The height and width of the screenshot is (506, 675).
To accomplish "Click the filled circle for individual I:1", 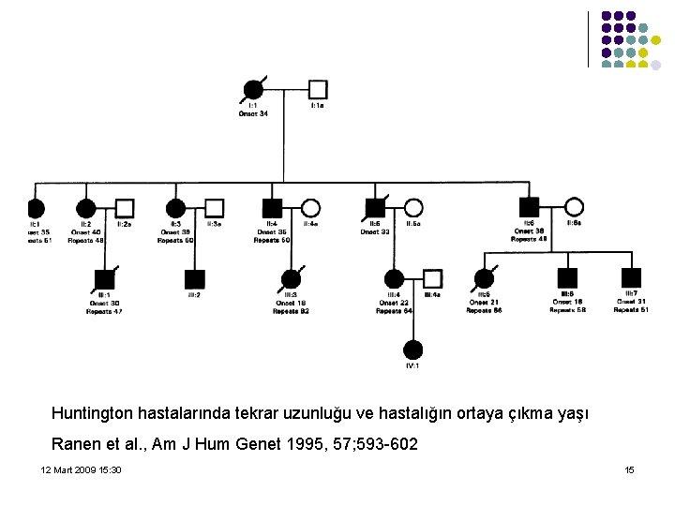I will [x=252, y=90].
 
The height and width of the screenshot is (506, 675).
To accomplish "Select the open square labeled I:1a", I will [x=318, y=90].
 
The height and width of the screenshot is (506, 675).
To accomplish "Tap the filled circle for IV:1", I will [x=412, y=350].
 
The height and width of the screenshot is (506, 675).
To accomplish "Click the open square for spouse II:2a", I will [x=124, y=208].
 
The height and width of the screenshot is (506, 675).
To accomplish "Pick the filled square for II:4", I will [x=272, y=208].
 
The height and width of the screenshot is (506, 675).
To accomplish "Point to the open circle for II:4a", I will [x=310, y=208].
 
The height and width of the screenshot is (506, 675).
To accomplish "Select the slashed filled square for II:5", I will [x=375, y=208].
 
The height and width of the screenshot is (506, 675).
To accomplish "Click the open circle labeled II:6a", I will [x=574, y=207].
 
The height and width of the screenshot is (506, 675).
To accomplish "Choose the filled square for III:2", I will [x=194, y=278].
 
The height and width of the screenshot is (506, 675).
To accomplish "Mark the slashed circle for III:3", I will [x=292, y=278].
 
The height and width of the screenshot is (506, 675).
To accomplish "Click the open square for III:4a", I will [x=432, y=278].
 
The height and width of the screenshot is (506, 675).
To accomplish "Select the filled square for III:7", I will [x=631, y=277].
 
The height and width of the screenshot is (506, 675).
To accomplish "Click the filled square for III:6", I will [x=567, y=277].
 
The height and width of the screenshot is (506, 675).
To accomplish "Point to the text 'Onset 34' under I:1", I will [x=253, y=113].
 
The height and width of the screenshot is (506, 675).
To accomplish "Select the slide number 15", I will [x=629, y=469].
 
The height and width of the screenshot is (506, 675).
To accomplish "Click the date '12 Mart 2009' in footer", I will [x=67, y=469].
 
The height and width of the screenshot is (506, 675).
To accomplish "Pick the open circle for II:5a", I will [x=412, y=208].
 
